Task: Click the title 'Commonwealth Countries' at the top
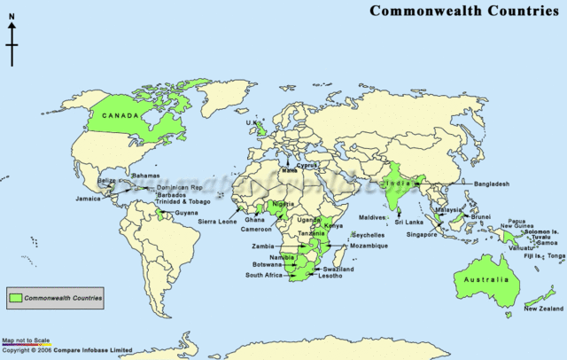click(463, 11)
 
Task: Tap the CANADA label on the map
click(120, 116)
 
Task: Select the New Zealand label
click(543, 308)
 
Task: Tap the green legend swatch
click(16, 299)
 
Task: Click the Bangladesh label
click(491, 184)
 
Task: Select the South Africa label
click(264, 275)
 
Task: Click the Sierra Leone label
click(219, 221)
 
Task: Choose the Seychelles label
click(368, 235)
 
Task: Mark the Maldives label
click(373, 217)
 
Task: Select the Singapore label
click(422, 235)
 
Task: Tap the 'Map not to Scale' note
click(27, 341)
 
